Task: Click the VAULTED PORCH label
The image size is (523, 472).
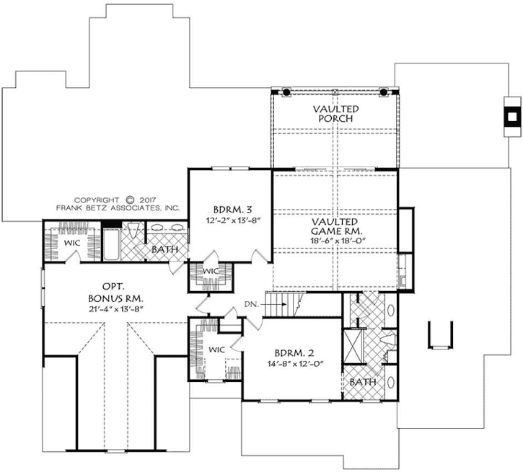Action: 335,113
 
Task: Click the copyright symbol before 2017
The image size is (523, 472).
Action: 130,200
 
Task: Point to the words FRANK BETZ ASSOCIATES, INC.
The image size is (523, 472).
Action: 118,208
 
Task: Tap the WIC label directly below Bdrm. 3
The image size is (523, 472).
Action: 211,271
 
